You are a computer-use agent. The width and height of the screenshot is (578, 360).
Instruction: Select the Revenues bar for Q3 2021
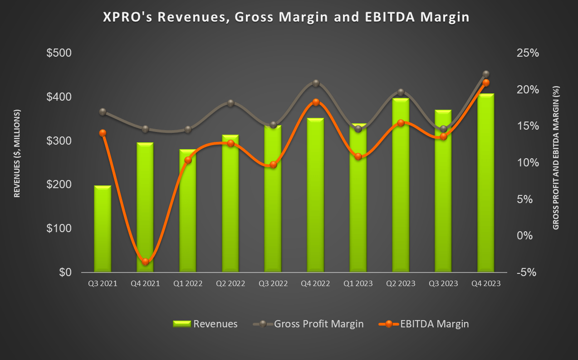[103, 229]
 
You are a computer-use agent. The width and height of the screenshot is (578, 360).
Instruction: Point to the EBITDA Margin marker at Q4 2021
[145, 262]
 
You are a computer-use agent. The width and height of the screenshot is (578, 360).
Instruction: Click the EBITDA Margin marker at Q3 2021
[103, 133]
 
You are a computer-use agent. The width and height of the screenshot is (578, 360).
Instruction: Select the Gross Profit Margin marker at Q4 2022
[316, 83]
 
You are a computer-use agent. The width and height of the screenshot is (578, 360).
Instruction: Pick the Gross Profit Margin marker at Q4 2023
[486, 74]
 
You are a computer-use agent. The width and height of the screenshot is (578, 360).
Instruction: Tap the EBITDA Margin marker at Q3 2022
[273, 165]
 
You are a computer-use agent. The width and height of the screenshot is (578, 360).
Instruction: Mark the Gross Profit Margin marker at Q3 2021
[103, 112]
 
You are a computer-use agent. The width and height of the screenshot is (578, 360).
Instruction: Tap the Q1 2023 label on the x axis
[358, 284]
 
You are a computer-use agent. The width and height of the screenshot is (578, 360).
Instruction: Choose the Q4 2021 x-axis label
[145, 284]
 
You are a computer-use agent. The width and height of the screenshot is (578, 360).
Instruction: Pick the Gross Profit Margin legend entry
[309, 324]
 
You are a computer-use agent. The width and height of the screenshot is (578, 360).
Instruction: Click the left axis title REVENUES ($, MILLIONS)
[17, 153]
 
